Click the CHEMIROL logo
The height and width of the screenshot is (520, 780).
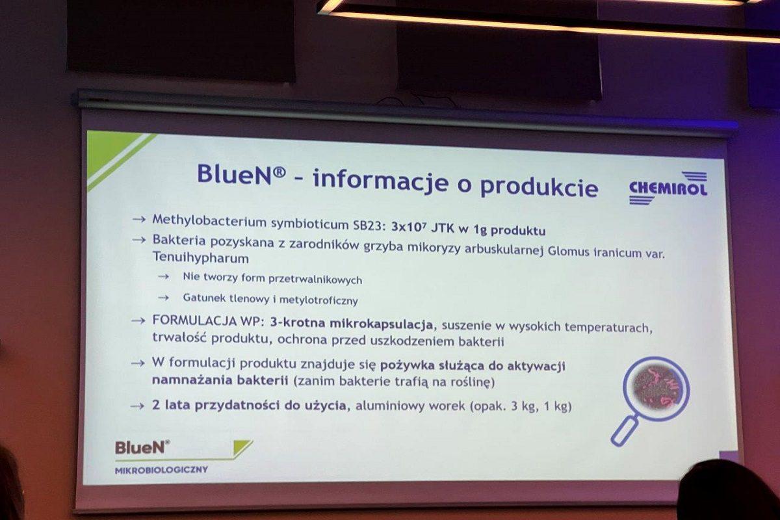point(668,187)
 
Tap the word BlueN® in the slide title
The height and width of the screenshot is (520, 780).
point(241,174)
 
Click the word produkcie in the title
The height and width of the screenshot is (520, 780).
point(539,187)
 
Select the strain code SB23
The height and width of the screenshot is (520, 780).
point(369,226)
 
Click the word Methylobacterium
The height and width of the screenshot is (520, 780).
point(209,221)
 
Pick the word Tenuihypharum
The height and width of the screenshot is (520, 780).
point(201,258)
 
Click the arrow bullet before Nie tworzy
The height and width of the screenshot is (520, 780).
point(164,276)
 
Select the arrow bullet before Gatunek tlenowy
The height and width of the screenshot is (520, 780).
point(164,298)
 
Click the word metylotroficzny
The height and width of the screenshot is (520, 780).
point(318,300)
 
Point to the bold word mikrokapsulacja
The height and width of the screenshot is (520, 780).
point(381,324)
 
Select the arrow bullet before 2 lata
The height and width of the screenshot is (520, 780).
point(138,406)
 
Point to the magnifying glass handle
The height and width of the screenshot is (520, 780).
point(625,431)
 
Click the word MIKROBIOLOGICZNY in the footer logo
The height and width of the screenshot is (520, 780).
point(161,470)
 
